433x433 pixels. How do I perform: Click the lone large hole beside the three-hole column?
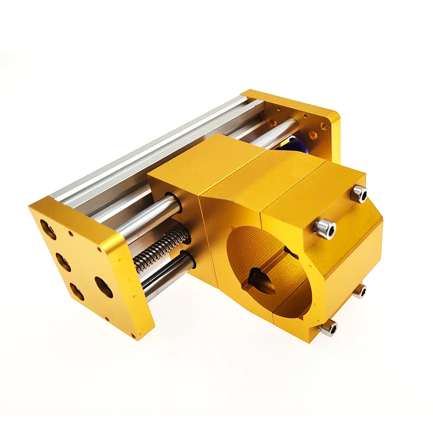pyautogui.click(x=104, y=287)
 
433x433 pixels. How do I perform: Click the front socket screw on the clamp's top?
pyautogui.click(x=325, y=228)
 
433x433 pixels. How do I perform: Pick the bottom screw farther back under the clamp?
pyautogui.click(x=360, y=291)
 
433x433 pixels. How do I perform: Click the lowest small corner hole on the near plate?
pyautogui.click(x=133, y=336)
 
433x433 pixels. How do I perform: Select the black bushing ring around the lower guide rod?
pyautogui.click(x=191, y=260)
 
